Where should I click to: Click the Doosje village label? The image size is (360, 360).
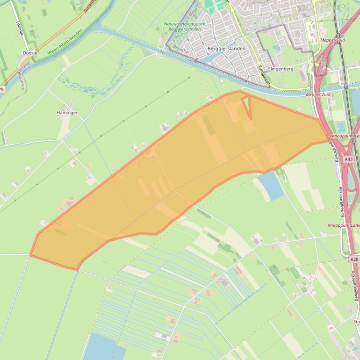pos(30,53)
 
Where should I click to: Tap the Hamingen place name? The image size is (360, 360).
pos(67,113)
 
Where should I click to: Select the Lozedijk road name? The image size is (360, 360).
pos(19,29)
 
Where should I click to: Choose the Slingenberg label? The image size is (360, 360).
pos(281,69)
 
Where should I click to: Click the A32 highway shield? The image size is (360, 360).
pos(348,159)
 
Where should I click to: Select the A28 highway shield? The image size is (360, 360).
pos(354,259)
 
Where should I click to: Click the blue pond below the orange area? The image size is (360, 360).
pos(271,186)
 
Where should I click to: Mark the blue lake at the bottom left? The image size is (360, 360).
pos(103,348)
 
